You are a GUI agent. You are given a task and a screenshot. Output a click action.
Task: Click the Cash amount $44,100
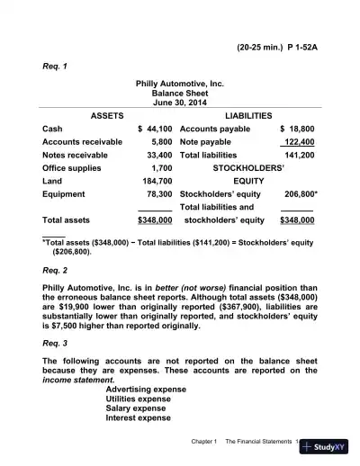pos(154,129)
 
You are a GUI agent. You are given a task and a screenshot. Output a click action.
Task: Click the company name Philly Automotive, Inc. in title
pos(180,82)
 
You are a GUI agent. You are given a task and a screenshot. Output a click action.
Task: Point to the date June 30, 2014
pos(180,103)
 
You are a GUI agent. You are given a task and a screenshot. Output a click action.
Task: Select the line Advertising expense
pos(146,389)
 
